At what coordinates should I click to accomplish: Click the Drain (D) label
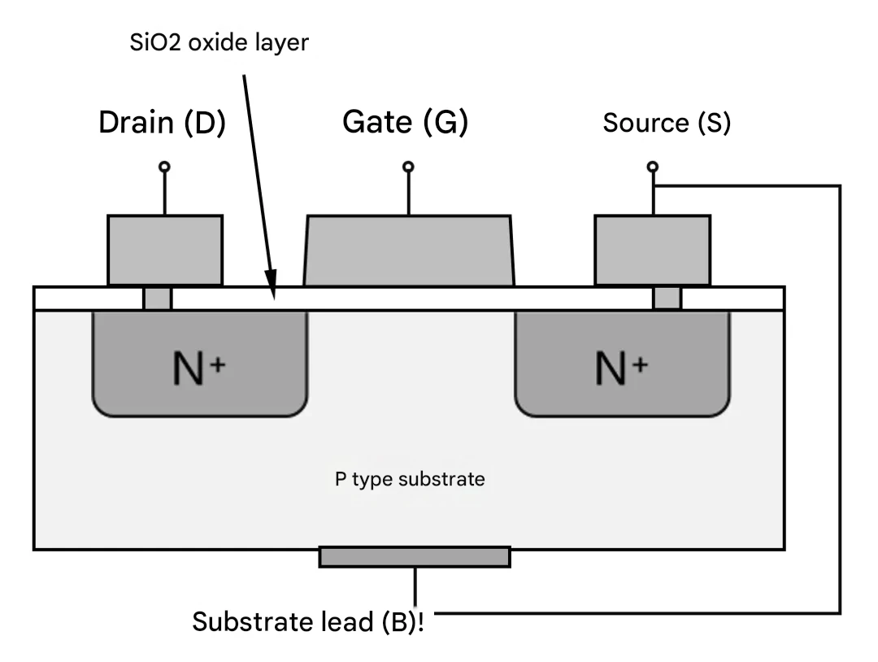coord(162,122)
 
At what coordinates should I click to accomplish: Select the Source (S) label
coord(667,123)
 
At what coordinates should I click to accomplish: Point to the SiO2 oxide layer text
coord(219,42)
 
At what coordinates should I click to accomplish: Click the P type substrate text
coord(410,479)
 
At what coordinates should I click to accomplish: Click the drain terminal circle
coord(164,167)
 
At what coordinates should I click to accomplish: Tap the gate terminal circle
coord(408,167)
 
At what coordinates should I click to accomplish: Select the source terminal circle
coord(652,167)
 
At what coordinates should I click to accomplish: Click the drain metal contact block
coord(165,250)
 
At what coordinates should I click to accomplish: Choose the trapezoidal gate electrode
coord(409,251)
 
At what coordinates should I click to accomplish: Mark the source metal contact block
coord(653,250)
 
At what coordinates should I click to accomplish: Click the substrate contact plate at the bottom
coord(415,557)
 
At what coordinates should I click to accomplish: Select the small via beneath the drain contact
coord(158,298)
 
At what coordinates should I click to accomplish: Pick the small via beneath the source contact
coord(667,298)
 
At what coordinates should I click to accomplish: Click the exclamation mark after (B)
coord(420,621)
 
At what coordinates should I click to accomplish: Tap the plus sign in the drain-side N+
coord(218,365)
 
